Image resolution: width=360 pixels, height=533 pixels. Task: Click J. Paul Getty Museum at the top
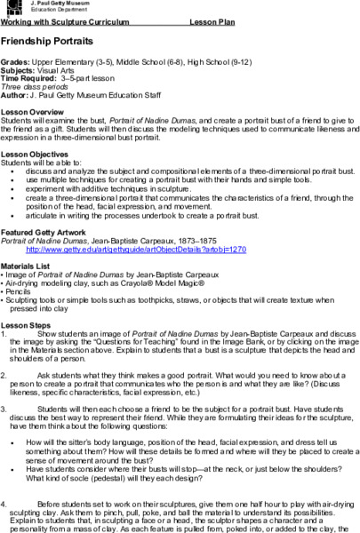point(59,4)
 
